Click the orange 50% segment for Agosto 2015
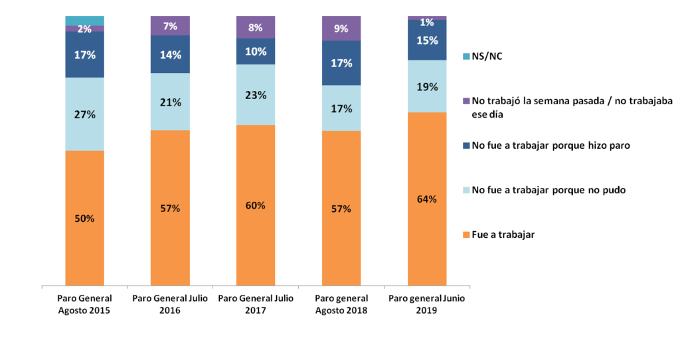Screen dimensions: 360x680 pos(84,219)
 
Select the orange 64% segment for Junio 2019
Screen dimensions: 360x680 pos(426,199)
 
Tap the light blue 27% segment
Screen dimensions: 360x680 pos(84,114)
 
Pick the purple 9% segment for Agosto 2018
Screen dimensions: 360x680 pos(341,29)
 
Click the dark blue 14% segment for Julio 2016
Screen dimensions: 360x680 pos(170,54)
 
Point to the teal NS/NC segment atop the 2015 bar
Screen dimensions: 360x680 pos(84,21)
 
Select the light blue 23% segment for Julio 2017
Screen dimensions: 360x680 pos(256,95)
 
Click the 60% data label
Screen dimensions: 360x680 pos(256,205)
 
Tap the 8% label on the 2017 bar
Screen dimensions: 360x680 pos(256,28)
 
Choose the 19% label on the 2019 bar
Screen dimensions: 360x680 pos(426,86)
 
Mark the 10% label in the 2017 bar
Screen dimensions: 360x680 pos(256,52)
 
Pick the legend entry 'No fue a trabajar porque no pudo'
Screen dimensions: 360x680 pos(549,190)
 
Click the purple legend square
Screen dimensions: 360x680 pos(466,101)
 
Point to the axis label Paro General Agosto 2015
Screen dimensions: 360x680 pos(84,304)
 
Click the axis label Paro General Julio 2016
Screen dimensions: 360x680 pos(170,304)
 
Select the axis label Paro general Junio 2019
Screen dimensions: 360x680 pos(426,304)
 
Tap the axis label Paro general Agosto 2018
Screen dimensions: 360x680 pos(341,304)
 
